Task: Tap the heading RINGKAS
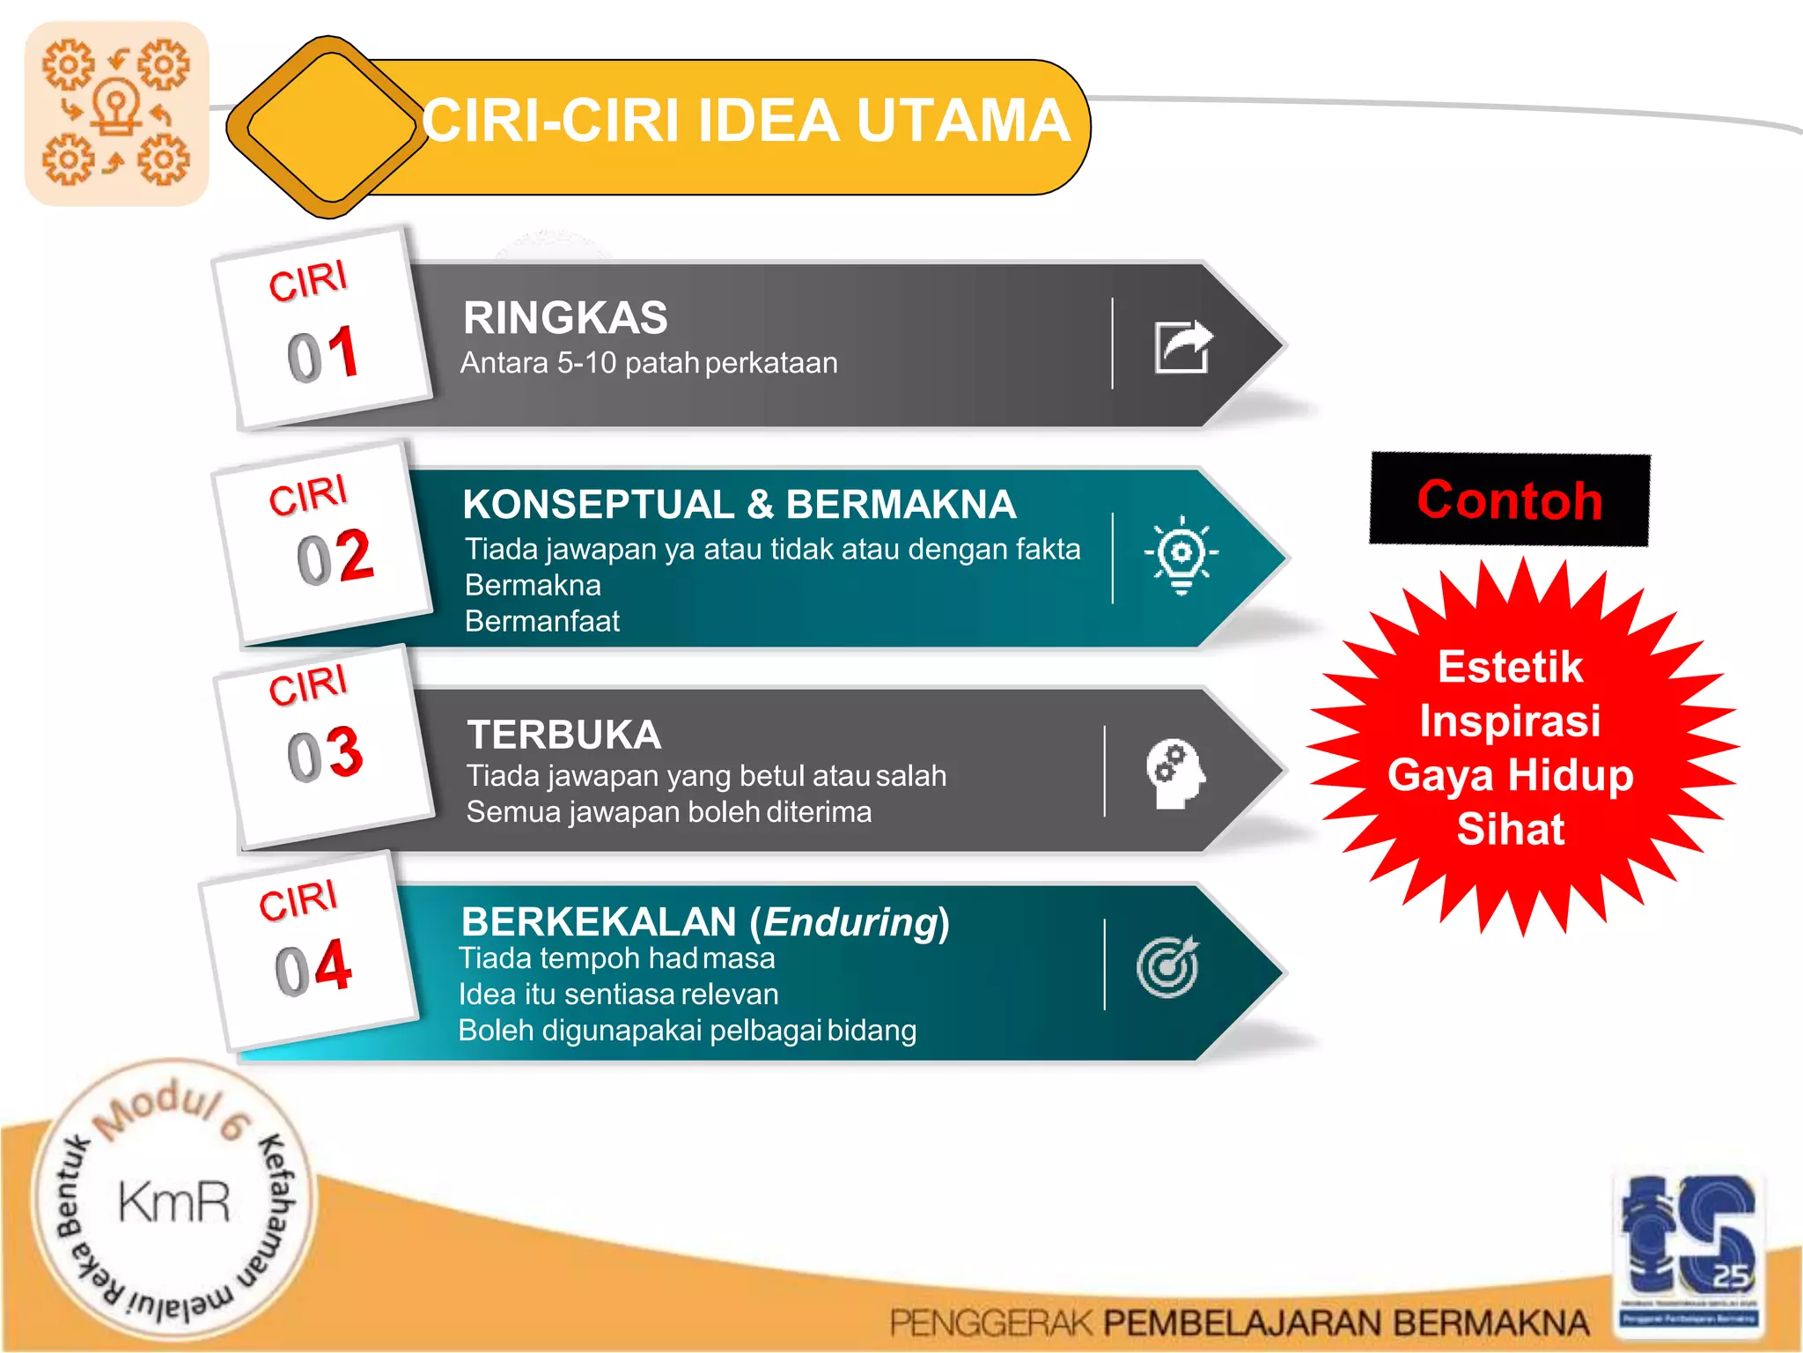click(x=565, y=318)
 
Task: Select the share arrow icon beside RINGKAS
click(x=1183, y=346)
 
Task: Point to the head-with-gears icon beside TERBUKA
click(x=1174, y=773)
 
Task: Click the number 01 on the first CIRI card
click(x=323, y=355)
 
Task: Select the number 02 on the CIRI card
click(x=335, y=558)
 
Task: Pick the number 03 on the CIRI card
click(x=325, y=754)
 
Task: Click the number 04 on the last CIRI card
click(x=313, y=968)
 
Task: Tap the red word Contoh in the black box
click(x=1509, y=500)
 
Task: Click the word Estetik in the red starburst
click(x=1510, y=667)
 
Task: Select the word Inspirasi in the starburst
click(x=1510, y=721)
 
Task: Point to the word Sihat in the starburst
click(x=1511, y=829)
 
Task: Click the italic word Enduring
click(x=850, y=922)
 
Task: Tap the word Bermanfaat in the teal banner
click(x=542, y=621)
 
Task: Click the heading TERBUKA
click(x=564, y=735)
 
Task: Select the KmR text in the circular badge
click(x=174, y=1202)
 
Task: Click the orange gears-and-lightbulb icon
click(x=116, y=114)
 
